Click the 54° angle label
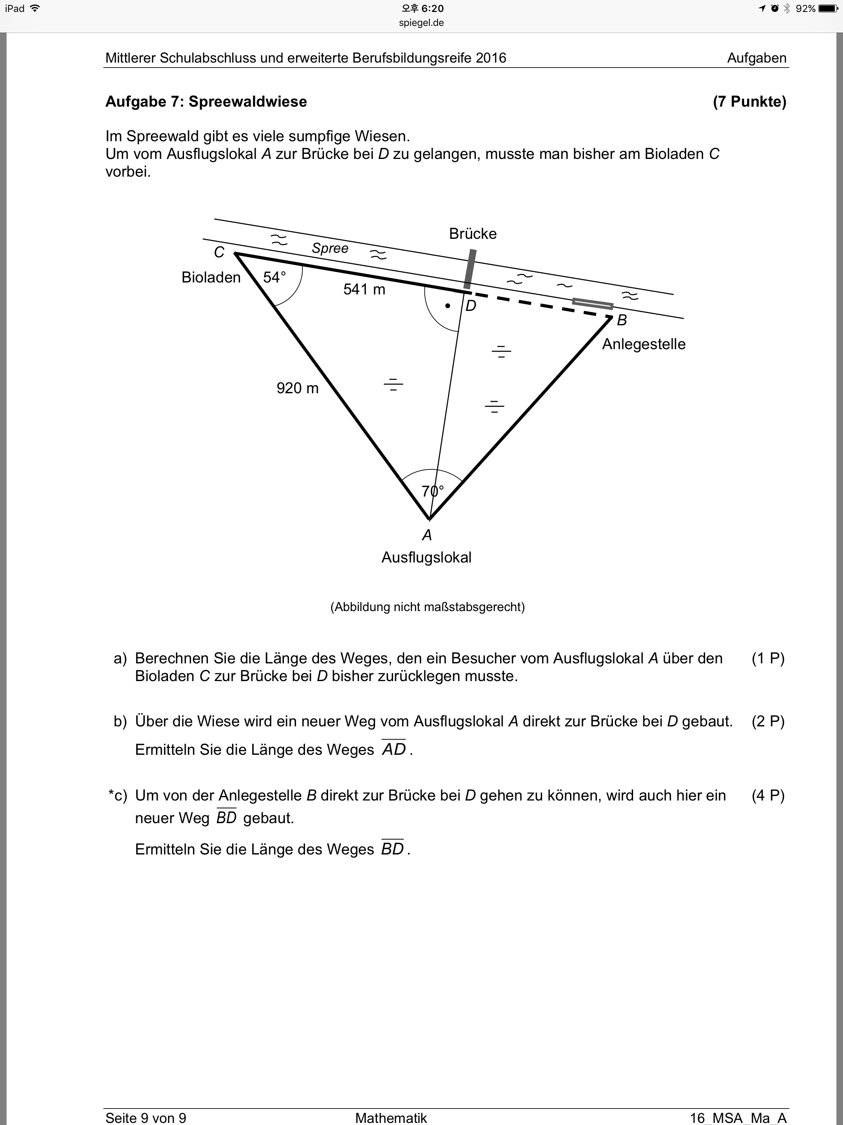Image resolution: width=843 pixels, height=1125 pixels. pos(275,277)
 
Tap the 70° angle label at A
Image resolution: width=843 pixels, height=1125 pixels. pos(433,491)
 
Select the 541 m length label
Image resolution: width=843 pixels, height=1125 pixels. pos(364,289)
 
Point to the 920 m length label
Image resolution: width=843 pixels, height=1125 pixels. pos(298,388)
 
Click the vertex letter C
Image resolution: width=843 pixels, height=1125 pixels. pos(219,252)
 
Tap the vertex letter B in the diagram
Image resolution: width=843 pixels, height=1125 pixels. pos(622,320)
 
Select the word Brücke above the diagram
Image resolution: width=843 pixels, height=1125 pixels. pos(473,234)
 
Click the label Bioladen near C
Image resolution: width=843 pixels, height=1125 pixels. pos(211,277)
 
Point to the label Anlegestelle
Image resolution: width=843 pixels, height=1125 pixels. pos(644,344)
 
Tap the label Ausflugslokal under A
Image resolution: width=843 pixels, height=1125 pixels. pos(426,558)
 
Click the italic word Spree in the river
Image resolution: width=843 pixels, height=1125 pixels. pos(330,248)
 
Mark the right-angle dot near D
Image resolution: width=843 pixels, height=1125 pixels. pos(447,306)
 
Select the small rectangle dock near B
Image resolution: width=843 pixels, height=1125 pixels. pos(593,303)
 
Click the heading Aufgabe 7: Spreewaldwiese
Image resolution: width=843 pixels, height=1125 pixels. pos(206,102)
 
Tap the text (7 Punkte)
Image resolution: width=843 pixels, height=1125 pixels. pos(750,102)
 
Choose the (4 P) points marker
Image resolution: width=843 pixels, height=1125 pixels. pos(768,796)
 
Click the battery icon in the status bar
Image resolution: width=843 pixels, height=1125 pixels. pos(828,9)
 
